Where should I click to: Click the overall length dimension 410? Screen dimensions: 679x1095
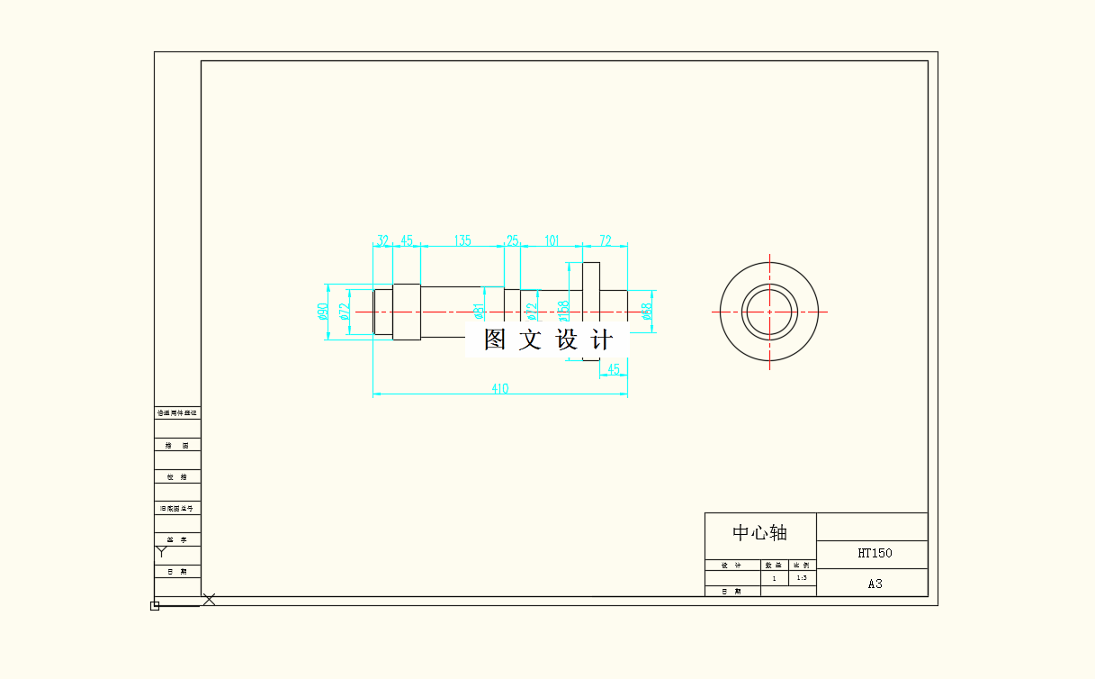pyautogui.click(x=499, y=389)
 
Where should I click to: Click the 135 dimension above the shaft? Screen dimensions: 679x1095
pyautogui.click(x=462, y=240)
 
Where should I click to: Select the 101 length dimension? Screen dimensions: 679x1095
pyautogui.click(x=552, y=240)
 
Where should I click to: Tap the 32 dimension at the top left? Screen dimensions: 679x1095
pyautogui.click(x=383, y=240)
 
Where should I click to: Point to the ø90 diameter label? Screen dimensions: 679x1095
pyautogui.click(x=322, y=312)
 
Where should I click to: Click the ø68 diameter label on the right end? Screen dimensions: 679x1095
pyautogui.click(x=646, y=311)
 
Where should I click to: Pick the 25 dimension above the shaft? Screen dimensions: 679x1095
pyautogui.click(x=512, y=240)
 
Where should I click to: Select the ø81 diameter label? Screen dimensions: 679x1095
pyautogui.click(x=480, y=311)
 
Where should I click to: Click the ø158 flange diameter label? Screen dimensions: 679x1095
pyautogui.click(x=564, y=311)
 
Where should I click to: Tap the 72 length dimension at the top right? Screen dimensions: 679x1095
pyautogui.click(x=606, y=240)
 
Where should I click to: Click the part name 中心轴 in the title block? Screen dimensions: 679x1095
pyautogui.click(x=759, y=532)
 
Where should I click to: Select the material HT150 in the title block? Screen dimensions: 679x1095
pyautogui.click(x=875, y=553)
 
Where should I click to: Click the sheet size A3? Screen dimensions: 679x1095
pyautogui.click(x=875, y=584)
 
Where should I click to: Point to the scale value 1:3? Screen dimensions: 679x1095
pyautogui.click(x=802, y=578)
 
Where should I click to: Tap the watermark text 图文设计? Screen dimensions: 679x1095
pyautogui.click(x=547, y=339)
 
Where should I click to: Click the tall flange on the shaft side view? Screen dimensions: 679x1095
pyautogui.click(x=590, y=279)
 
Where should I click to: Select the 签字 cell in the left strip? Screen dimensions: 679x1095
pyautogui.click(x=177, y=539)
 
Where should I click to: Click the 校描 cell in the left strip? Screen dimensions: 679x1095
pyautogui.click(x=177, y=476)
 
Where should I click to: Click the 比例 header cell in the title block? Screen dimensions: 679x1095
pyautogui.click(x=802, y=565)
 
